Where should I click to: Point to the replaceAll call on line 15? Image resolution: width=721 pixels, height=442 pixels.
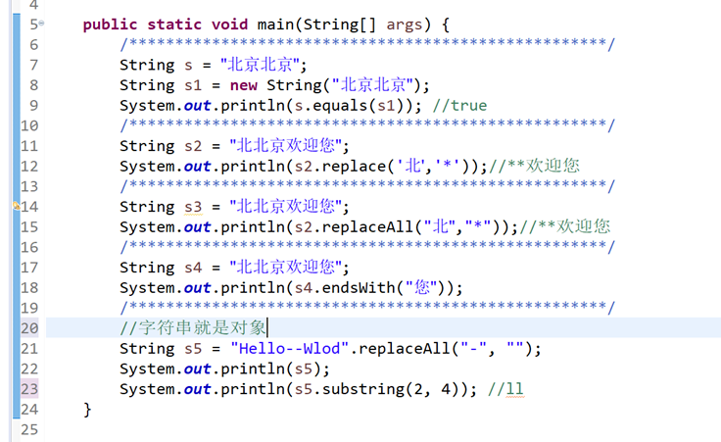coord(331,226)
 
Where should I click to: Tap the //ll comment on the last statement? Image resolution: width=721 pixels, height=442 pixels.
coord(505,389)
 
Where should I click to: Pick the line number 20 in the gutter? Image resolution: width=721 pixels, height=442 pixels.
coord(28,328)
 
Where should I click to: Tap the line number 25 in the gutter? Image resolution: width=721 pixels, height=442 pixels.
coord(28,429)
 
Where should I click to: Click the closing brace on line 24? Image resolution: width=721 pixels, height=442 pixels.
coord(88,409)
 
